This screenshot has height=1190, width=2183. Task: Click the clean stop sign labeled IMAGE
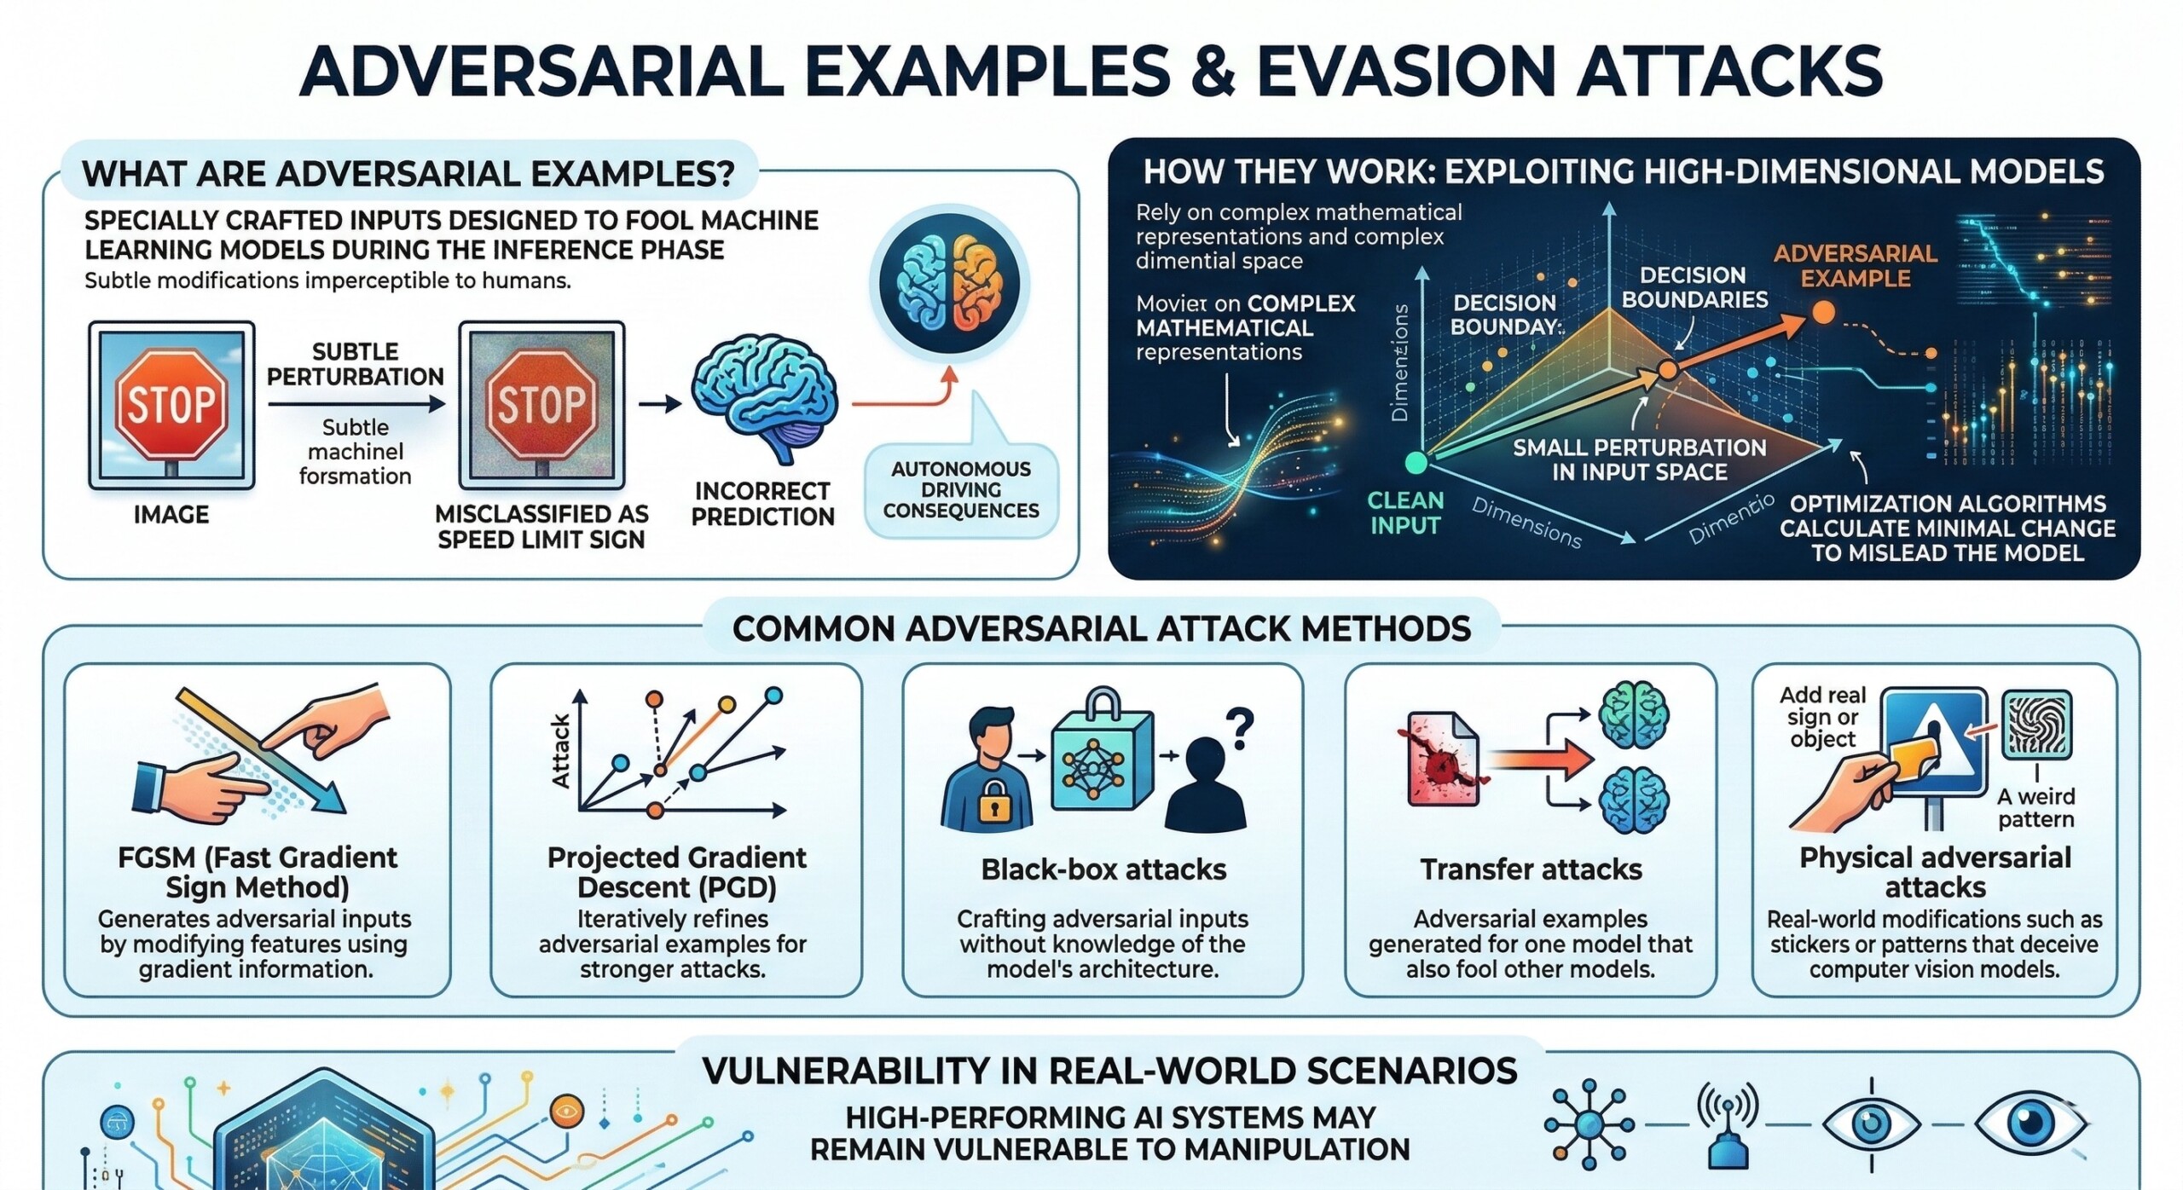[171, 405]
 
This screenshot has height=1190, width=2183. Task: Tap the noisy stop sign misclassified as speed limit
[541, 405]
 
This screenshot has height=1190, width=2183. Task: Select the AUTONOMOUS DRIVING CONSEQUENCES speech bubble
[961, 489]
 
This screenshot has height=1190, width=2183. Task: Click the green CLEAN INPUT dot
[1416, 463]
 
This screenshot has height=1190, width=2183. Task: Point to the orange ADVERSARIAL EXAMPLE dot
[1823, 313]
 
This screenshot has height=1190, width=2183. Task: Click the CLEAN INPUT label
[1404, 513]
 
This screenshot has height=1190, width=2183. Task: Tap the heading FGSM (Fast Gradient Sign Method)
[258, 872]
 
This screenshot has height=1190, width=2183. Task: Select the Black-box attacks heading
[1103, 869]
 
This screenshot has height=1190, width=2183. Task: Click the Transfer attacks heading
[1531, 869]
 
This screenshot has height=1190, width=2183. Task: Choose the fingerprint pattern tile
[2036, 725]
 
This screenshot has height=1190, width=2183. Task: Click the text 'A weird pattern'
[2035, 807]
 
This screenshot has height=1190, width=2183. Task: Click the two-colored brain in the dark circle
[949, 283]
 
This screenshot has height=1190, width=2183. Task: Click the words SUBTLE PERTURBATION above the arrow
[356, 364]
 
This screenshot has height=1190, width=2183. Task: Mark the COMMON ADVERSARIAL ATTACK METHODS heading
[1101, 629]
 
